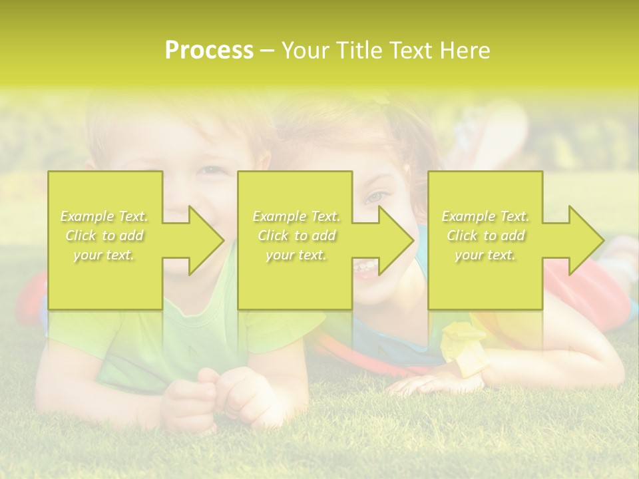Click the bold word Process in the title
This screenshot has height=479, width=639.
(x=209, y=51)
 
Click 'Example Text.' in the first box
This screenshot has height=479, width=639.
(x=105, y=216)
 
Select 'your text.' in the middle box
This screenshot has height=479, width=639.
(x=296, y=255)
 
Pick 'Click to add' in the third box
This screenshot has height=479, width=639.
(x=486, y=236)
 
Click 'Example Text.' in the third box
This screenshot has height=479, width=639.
(x=486, y=216)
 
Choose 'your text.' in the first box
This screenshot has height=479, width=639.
(x=105, y=255)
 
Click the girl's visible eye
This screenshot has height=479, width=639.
(x=377, y=197)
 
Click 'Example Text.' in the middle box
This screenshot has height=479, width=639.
(x=296, y=216)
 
